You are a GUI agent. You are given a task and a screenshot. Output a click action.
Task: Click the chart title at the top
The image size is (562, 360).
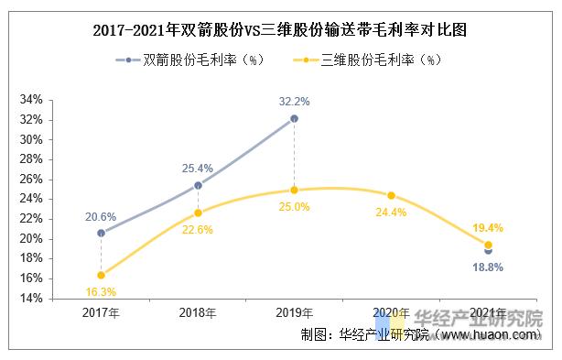point(280,29)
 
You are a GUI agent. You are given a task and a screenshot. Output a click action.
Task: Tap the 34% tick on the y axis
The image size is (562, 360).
point(31,100)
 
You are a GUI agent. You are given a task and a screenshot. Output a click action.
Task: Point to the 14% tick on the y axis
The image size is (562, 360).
point(31,299)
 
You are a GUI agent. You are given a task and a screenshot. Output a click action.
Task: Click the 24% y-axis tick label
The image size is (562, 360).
point(31,199)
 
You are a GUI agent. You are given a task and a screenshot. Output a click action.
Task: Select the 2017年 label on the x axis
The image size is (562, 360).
point(101,313)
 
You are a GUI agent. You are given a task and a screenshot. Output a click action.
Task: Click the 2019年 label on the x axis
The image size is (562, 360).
point(294,313)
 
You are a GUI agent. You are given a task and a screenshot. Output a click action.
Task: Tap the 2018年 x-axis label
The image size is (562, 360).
point(198,313)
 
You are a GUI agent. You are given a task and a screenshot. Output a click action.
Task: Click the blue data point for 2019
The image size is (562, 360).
point(294,118)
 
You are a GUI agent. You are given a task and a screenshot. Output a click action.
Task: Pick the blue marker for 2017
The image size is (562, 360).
point(101,233)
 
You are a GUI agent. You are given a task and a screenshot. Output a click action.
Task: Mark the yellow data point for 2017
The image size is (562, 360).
point(101,275)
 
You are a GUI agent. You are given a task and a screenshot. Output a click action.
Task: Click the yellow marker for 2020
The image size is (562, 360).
point(391,195)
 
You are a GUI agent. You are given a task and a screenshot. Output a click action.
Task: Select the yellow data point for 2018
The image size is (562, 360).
point(198,213)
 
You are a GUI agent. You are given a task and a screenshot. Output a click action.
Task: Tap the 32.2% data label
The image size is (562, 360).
point(294,101)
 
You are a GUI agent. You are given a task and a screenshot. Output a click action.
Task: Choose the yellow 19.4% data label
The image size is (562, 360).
point(488,227)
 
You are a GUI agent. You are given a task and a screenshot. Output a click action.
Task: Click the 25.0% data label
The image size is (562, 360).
point(295,207)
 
